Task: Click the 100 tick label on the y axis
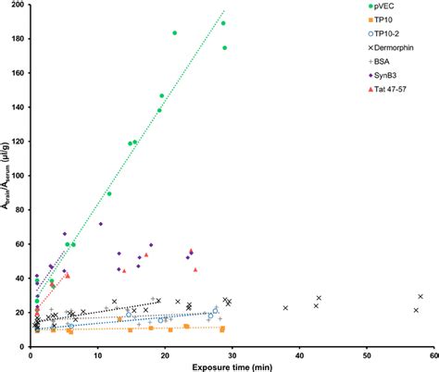pyautogui.click(x=19, y=176)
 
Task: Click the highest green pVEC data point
pyautogui.click(x=223, y=23)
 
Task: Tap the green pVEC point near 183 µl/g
pyautogui.click(x=174, y=33)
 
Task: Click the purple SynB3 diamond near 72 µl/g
pyautogui.click(x=101, y=224)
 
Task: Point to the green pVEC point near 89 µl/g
pyautogui.click(x=108, y=193)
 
